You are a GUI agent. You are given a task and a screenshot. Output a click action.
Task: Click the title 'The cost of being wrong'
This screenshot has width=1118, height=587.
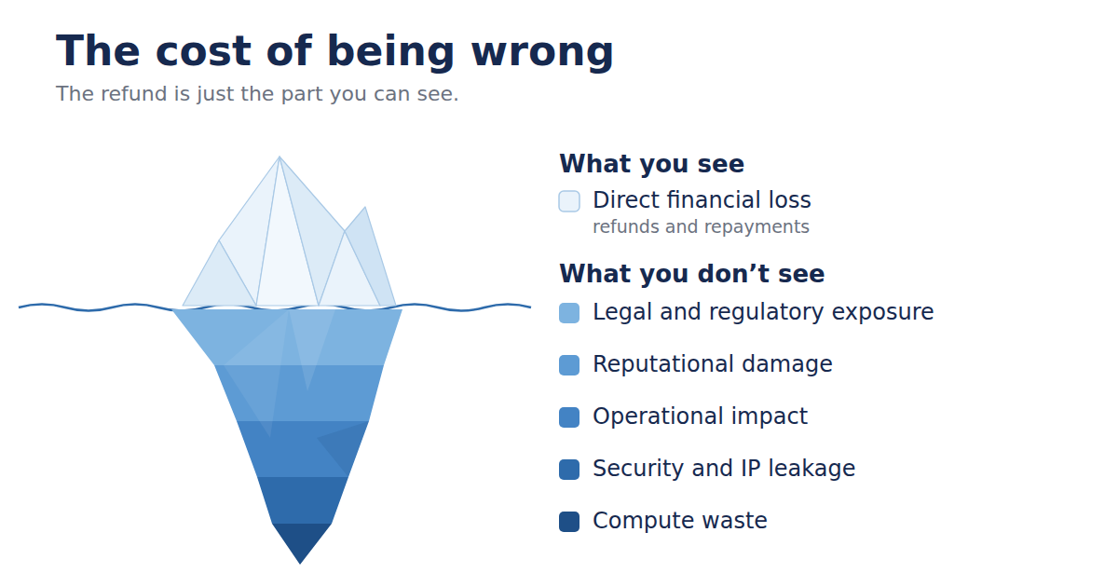click(x=334, y=52)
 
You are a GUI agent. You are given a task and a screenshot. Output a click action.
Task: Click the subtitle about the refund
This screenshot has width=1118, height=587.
click(x=257, y=94)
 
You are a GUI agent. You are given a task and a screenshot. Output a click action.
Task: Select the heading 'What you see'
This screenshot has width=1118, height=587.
click(x=651, y=164)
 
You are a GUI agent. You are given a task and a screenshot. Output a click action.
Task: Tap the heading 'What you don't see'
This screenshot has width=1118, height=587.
click(x=691, y=274)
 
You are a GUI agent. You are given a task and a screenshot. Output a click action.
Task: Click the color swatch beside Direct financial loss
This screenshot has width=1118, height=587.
click(x=569, y=201)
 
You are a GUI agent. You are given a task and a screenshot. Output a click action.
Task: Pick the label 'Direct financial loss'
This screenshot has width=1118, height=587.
click(x=702, y=200)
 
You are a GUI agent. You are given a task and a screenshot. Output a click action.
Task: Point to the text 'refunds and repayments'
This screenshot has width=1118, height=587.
click(x=701, y=227)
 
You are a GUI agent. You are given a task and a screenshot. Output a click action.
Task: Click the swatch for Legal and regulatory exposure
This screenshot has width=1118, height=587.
click(x=569, y=313)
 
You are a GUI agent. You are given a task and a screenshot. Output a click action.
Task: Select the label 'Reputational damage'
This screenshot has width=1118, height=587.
click(x=712, y=364)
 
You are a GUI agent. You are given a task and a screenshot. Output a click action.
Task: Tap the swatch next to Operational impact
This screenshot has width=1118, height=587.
click(x=569, y=417)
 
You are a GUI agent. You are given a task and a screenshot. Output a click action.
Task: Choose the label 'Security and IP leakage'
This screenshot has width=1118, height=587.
click(x=724, y=469)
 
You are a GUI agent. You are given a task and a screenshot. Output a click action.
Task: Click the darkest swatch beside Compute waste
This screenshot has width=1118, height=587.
click(x=569, y=522)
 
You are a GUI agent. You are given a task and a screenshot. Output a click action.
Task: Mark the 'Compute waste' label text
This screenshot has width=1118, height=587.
click(x=680, y=521)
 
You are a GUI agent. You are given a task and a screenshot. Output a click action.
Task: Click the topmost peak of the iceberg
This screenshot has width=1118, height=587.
click(x=279, y=157)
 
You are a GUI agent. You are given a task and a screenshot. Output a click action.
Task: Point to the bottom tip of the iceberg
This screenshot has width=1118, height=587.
click(x=300, y=564)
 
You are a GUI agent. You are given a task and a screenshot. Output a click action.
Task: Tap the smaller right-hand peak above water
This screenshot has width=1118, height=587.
click(x=365, y=208)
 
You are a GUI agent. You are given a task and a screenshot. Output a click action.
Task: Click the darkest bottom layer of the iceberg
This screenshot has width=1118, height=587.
click(x=301, y=539)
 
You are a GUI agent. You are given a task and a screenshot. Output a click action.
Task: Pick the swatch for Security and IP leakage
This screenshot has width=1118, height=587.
click(x=569, y=470)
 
